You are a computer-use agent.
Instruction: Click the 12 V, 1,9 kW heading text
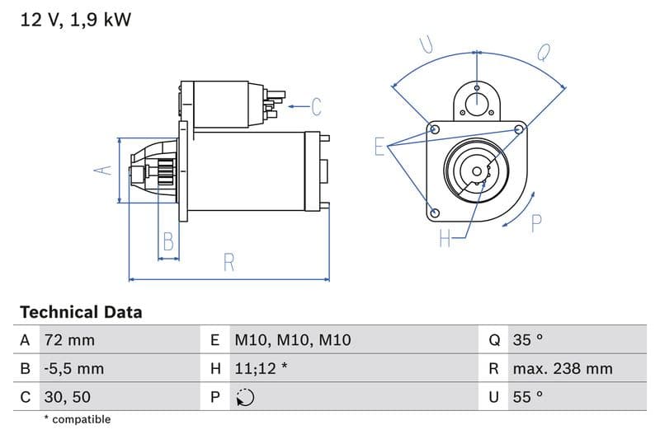[x=75, y=20]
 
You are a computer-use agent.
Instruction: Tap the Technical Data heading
[x=81, y=312]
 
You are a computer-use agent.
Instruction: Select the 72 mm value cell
[x=68, y=340]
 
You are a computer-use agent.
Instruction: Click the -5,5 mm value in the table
[x=74, y=368]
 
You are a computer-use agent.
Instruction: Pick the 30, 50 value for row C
[x=68, y=396]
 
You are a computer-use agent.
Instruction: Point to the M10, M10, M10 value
[x=293, y=340]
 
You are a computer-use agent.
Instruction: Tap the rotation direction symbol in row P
[x=245, y=397]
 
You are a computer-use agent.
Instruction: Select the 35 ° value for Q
[x=528, y=340]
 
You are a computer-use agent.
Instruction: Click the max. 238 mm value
[x=562, y=368]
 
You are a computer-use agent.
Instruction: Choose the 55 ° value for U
[x=528, y=396]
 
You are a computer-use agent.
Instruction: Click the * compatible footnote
[x=77, y=419]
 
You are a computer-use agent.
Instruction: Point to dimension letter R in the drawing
[x=229, y=263]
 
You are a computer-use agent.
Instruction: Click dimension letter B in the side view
[x=168, y=241]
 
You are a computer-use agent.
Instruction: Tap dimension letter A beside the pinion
[x=102, y=170]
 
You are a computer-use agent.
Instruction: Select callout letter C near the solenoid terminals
[x=315, y=106]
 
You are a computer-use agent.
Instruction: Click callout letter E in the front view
[x=379, y=147]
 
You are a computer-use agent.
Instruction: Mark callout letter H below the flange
[x=445, y=239]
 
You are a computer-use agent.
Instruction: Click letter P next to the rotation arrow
[x=536, y=222]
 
